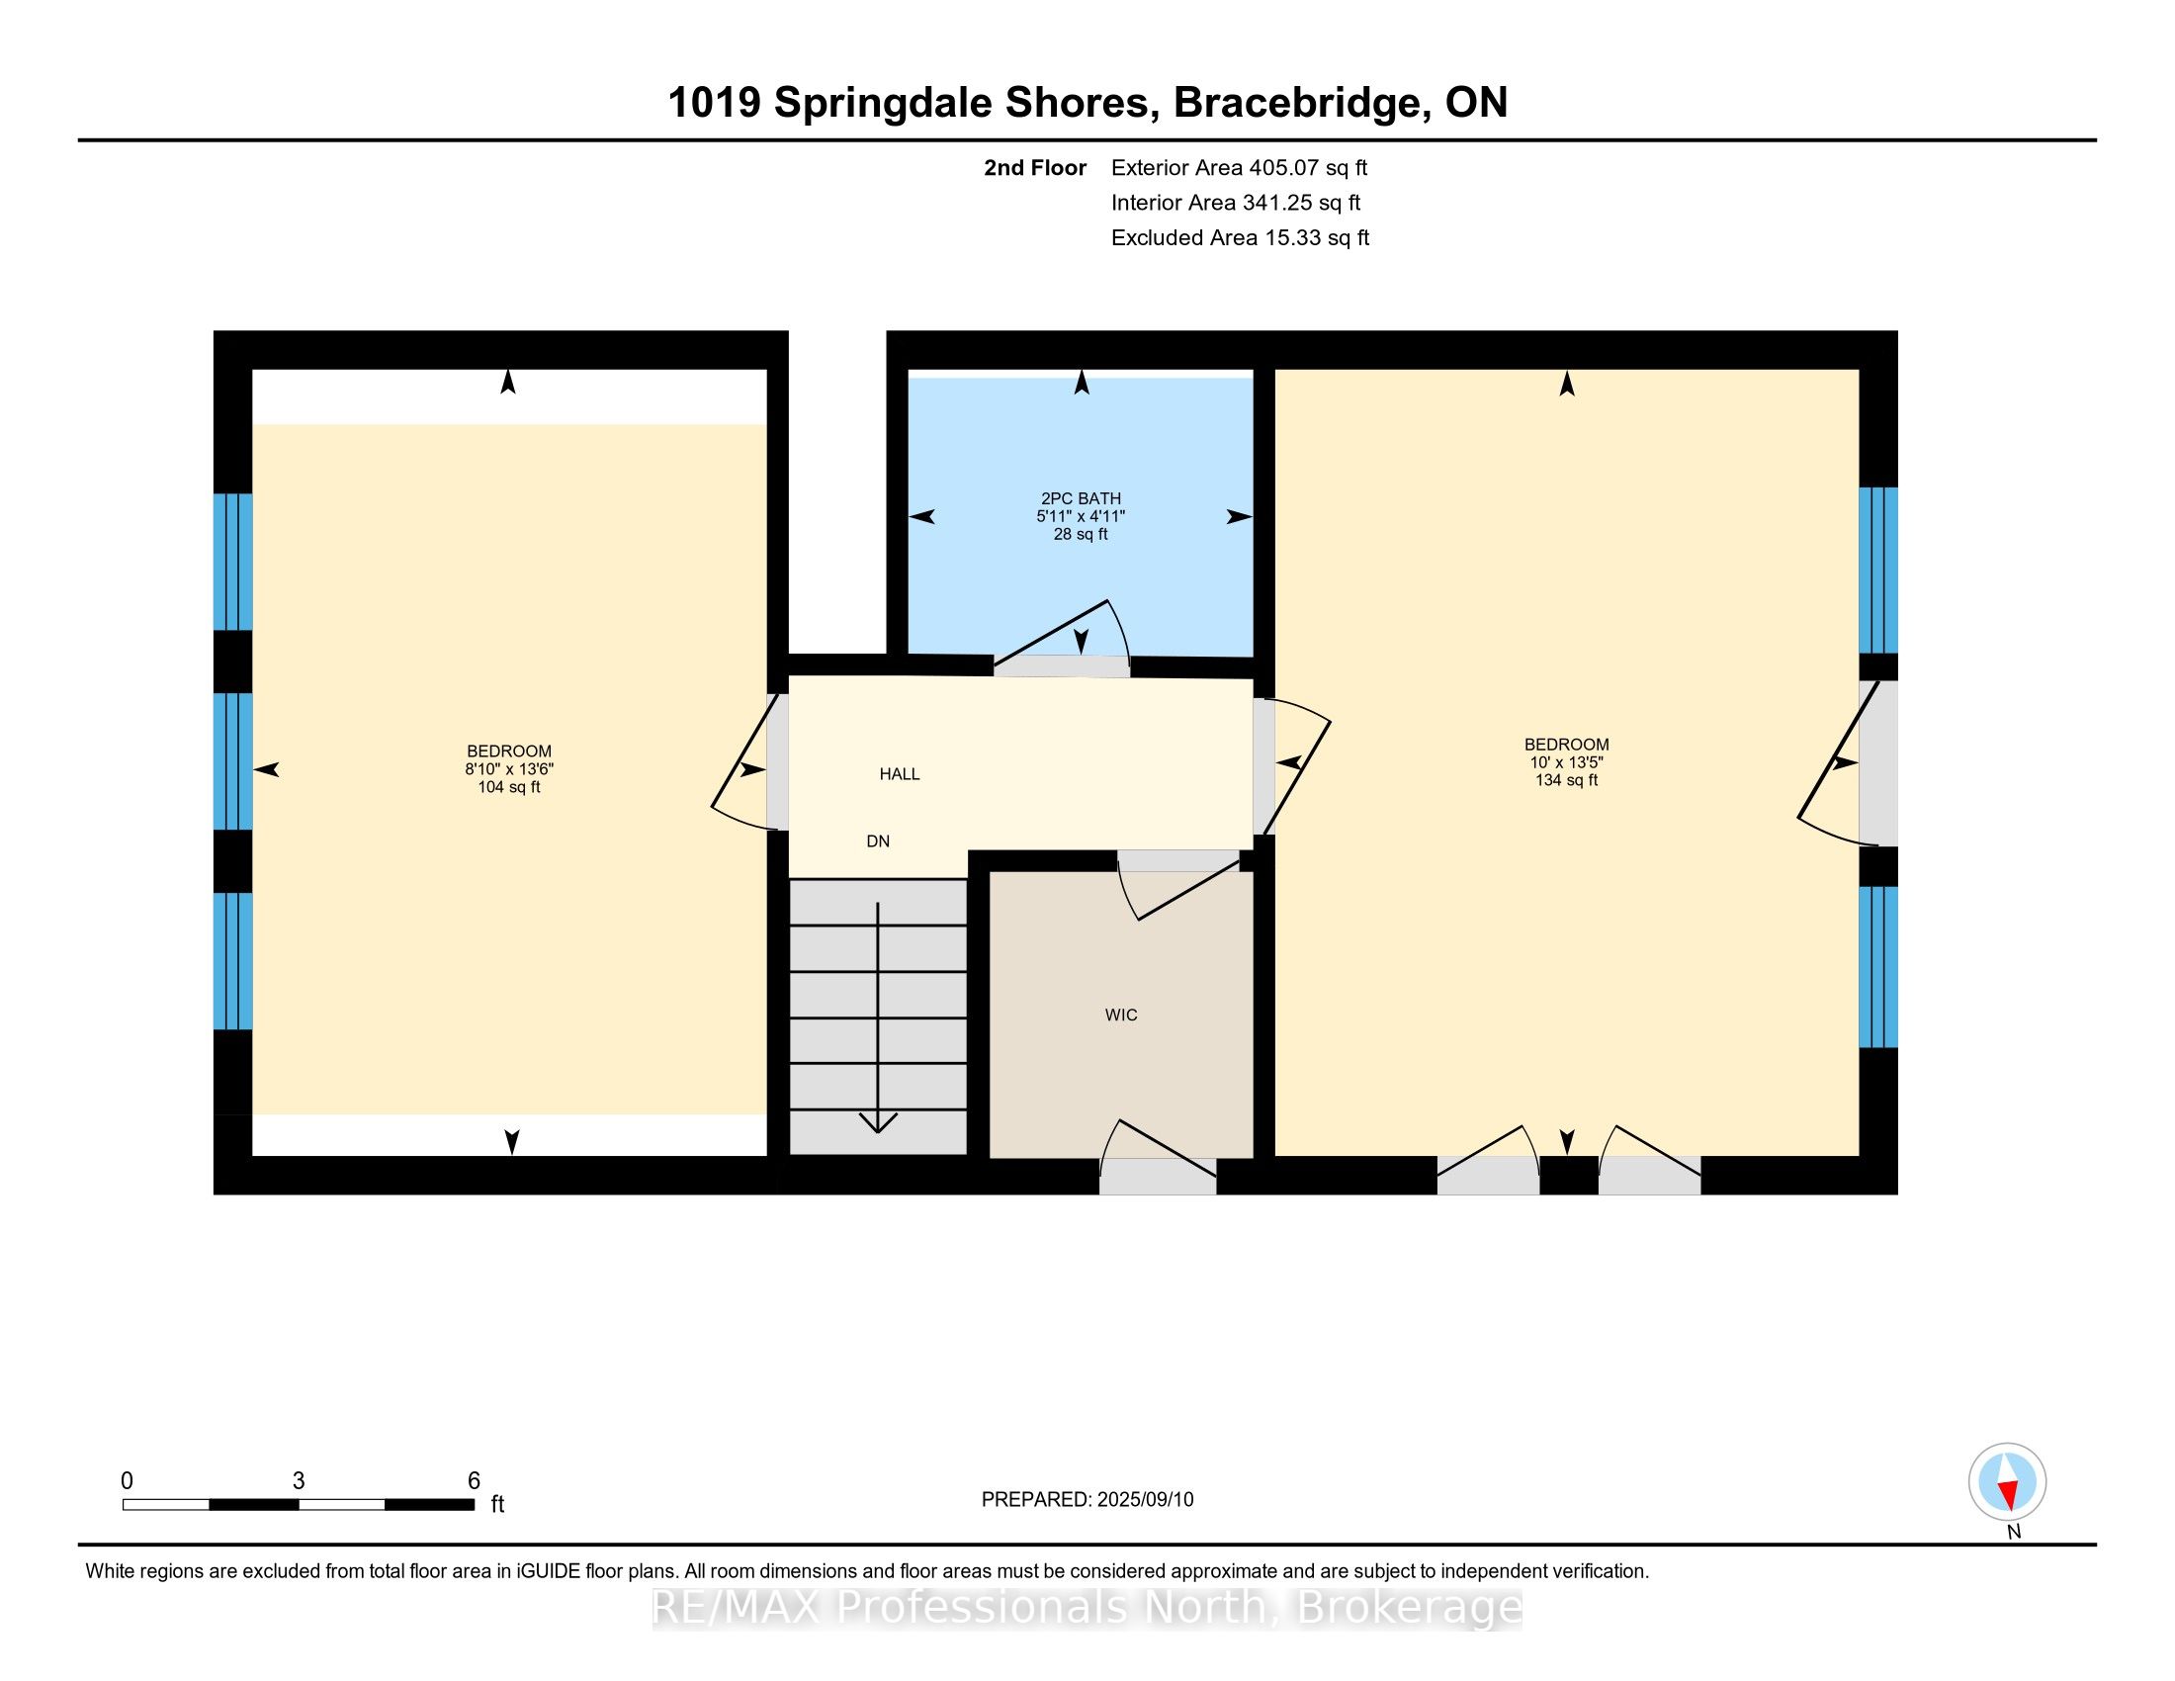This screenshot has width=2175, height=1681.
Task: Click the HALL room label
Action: (x=900, y=774)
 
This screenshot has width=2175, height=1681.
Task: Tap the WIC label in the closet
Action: (x=1121, y=1015)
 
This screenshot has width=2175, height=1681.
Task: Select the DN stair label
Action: (x=877, y=841)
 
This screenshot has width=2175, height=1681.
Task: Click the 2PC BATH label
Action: (x=1081, y=499)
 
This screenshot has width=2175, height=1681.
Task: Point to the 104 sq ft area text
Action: (x=509, y=787)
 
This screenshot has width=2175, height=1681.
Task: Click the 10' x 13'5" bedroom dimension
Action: (x=1567, y=761)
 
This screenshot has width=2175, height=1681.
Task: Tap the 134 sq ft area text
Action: (x=1567, y=780)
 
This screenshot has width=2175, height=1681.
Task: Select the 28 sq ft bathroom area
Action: (x=1081, y=534)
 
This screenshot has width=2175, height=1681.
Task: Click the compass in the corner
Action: (x=2008, y=1482)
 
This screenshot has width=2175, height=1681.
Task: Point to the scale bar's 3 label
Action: (x=298, y=1481)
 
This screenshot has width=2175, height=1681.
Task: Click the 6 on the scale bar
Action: (x=474, y=1481)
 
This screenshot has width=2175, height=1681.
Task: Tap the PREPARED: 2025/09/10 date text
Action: (x=1087, y=1500)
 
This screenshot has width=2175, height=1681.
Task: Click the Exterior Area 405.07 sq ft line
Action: (x=1240, y=167)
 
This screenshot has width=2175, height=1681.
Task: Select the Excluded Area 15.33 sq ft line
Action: (x=1241, y=237)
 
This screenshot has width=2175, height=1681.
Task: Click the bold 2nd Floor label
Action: (x=1035, y=167)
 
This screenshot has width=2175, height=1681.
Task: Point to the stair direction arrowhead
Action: (x=877, y=1123)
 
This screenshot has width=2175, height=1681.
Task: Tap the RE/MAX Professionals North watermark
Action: (x=1087, y=1607)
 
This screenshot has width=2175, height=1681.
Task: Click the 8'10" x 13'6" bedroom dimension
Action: (x=509, y=768)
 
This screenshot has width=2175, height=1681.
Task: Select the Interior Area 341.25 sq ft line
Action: (x=1236, y=202)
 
